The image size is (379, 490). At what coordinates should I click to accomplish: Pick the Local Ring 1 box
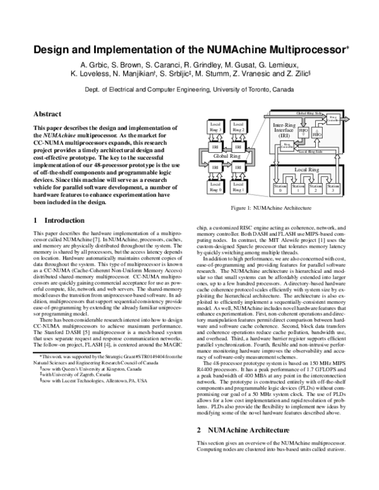[238, 186]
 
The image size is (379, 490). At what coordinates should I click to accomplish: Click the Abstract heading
[47, 114]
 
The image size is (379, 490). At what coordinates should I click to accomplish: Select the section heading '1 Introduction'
[59, 220]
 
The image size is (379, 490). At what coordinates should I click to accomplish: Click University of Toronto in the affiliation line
[247, 90]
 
